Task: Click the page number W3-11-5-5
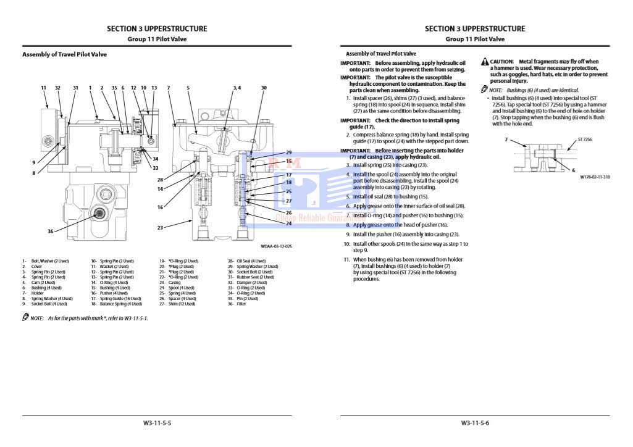(x=157, y=423)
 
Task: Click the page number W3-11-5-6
(x=475, y=423)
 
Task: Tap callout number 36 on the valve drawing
(x=51, y=231)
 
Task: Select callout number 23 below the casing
(x=160, y=228)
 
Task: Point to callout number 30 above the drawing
(x=264, y=88)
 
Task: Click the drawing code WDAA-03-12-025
(x=276, y=246)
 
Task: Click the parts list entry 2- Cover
(x=33, y=267)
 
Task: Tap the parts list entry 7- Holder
(x=33, y=293)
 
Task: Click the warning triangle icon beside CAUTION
(x=485, y=62)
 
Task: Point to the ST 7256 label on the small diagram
(x=585, y=140)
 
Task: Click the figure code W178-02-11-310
(x=595, y=177)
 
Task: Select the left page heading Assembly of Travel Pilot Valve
(x=64, y=54)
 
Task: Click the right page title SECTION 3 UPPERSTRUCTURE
(x=475, y=28)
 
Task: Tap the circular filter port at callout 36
(x=98, y=214)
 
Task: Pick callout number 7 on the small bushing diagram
(x=506, y=140)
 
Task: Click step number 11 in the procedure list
(x=347, y=259)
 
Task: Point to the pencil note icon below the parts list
(x=25, y=317)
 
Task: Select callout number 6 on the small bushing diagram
(x=573, y=170)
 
